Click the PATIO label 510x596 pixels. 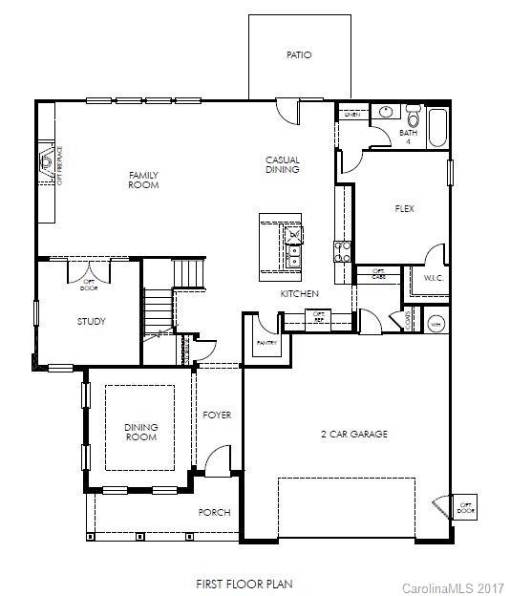coord(299,55)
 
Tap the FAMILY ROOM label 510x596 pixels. coord(144,180)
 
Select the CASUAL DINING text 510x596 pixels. coord(282,164)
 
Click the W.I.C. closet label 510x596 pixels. coord(436,278)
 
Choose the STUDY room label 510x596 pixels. coord(92,322)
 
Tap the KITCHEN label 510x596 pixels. coord(299,294)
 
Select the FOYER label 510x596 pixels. coord(217,415)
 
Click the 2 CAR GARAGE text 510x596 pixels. coord(353,434)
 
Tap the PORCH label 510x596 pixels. coord(214,513)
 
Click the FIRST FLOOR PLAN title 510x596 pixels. coord(244,582)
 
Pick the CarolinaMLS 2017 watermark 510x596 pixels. coord(452,585)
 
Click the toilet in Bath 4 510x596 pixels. coord(413,118)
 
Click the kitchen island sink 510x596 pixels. coord(292,255)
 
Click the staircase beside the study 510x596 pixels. coord(157,310)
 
